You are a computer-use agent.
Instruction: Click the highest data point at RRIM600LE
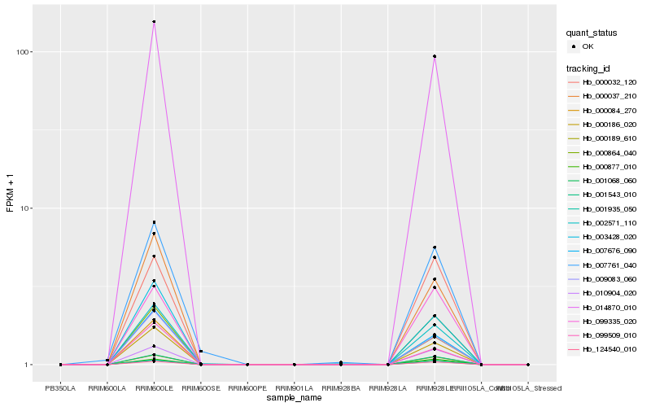pos(154,22)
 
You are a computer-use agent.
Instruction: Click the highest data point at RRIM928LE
pos(435,56)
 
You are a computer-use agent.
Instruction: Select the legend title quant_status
pos(593,33)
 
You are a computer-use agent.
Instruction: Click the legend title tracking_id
pos(590,68)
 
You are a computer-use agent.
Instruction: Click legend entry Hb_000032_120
pos(609,82)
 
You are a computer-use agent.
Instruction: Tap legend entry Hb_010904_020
pos(609,292)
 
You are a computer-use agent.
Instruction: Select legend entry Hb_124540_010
pos(609,349)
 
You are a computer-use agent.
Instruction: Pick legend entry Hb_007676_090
pos(609,250)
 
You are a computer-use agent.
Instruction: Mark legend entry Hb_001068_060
pos(609,181)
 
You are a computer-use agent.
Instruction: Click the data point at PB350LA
pos(61,365)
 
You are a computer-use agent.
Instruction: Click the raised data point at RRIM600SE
pos(201,352)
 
